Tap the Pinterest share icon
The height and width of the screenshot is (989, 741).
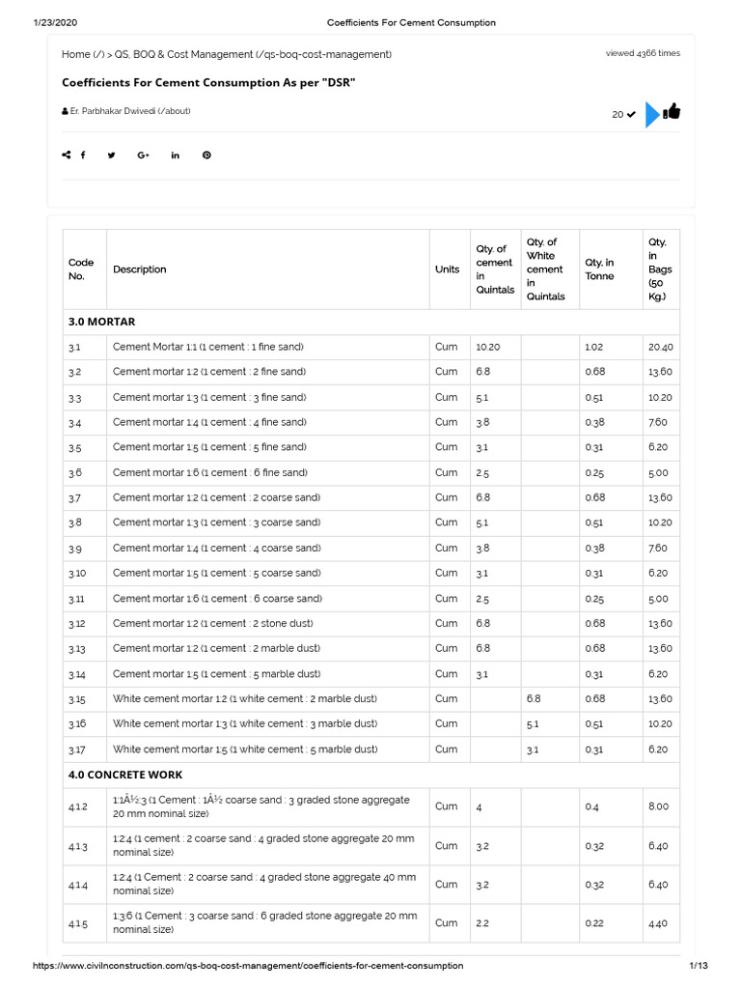tap(206, 155)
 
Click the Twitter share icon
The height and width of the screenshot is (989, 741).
tap(112, 155)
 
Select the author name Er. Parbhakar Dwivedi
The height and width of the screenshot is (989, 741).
tap(129, 111)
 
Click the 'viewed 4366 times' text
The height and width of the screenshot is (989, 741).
tap(643, 53)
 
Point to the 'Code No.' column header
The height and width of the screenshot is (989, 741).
tap(81, 269)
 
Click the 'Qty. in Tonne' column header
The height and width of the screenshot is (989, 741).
tap(599, 269)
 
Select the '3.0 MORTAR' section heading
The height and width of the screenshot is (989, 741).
tap(101, 322)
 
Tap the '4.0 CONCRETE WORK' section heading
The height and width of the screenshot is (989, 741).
tap(125, 775)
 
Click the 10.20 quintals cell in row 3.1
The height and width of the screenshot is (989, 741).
tap(488, 347)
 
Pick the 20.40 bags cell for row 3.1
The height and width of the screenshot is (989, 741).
tap(661, 347)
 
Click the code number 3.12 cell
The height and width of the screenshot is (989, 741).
tap(77, 624)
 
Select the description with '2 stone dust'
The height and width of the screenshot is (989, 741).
tap(212, 624)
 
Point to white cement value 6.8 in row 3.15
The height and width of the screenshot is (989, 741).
tap(535, 699)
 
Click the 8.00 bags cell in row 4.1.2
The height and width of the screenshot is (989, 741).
tap(658, 806)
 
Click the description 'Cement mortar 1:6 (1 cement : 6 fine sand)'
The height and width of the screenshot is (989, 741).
tap(209, 472)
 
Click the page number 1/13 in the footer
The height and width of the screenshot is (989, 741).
tap(699, 966)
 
